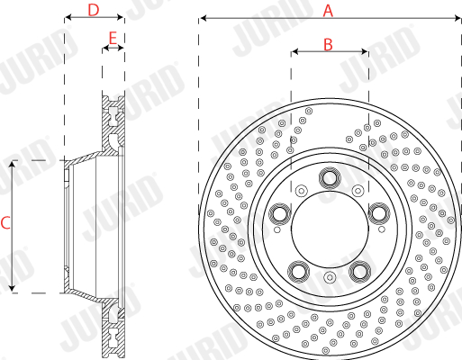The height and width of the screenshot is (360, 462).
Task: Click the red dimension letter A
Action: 328,11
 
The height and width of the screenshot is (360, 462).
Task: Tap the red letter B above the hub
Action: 328,44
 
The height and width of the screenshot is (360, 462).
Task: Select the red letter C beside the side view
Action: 5,223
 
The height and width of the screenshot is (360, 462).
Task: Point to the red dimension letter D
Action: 94,10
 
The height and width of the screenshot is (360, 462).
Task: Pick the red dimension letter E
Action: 113,38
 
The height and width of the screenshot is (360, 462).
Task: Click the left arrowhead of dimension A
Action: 204,18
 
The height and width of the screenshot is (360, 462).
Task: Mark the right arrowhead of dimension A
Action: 457,18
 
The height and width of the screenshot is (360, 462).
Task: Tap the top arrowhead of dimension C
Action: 12,165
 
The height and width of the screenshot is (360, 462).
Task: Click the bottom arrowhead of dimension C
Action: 12,288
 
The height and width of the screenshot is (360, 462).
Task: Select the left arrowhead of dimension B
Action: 295,51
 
